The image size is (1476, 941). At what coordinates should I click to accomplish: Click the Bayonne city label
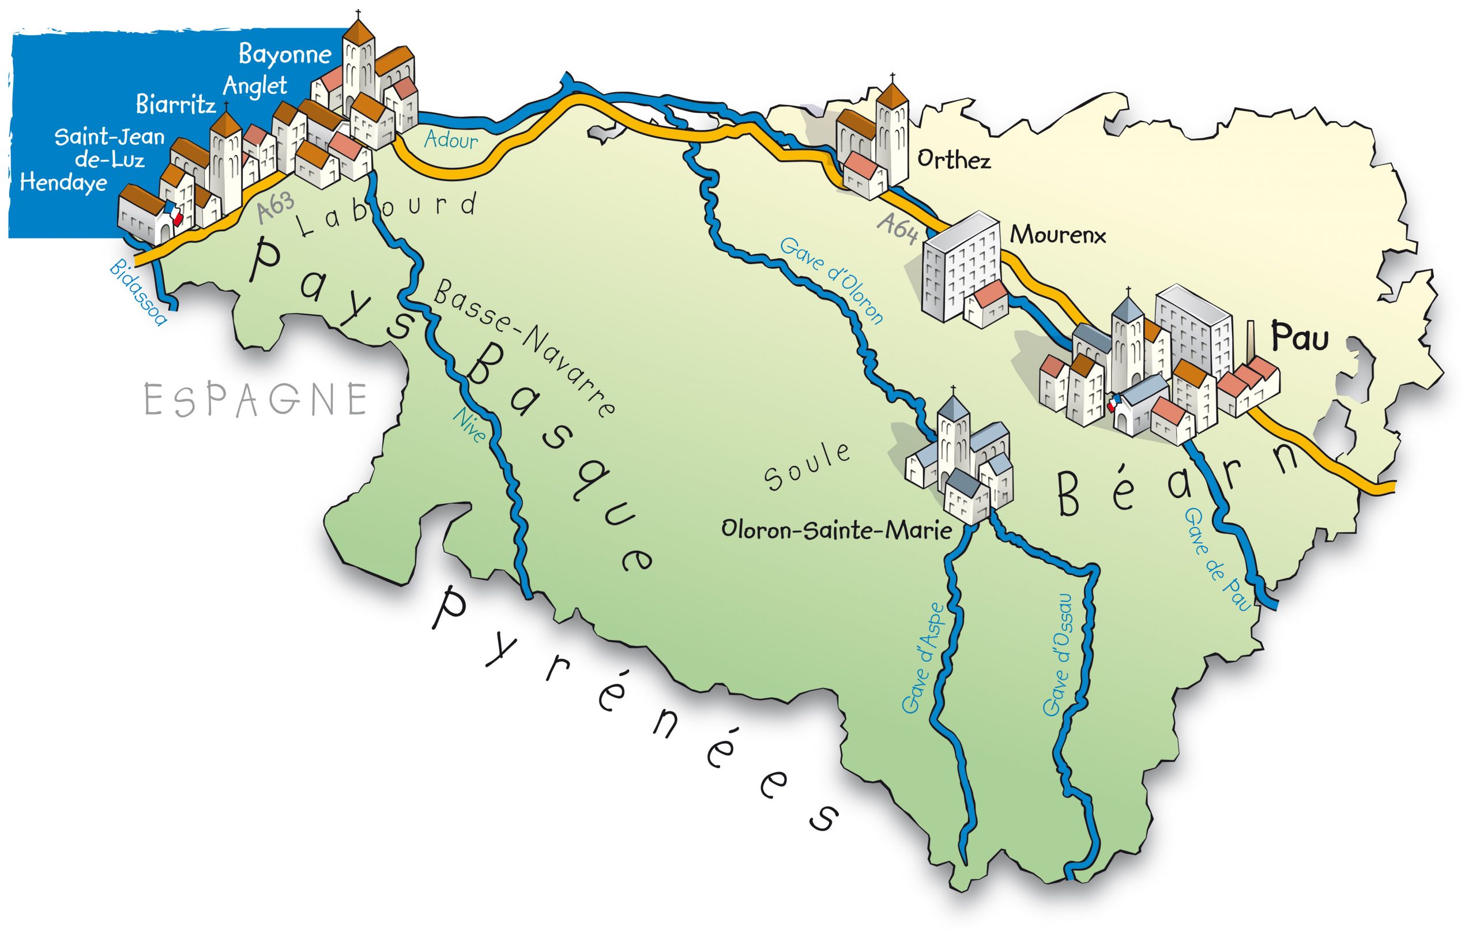(284, 55)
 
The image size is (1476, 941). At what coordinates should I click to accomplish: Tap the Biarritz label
(175, 105)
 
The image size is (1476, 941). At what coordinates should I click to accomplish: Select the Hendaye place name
(63, 183)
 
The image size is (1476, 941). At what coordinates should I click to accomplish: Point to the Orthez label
(954, 160)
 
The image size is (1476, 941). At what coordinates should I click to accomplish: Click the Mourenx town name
(1058, 235)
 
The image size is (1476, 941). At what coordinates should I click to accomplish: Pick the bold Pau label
(1300, 337)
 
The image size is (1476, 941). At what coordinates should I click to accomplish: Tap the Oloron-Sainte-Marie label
(837, 530)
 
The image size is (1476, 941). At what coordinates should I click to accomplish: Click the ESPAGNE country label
(256, 400)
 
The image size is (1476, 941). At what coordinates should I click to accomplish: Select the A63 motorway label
(276, 208)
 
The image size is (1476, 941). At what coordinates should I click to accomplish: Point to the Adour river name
(451, 140)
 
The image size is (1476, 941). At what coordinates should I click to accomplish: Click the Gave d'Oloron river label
(832, 280)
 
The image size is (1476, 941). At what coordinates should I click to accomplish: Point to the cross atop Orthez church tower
(893, 78)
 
